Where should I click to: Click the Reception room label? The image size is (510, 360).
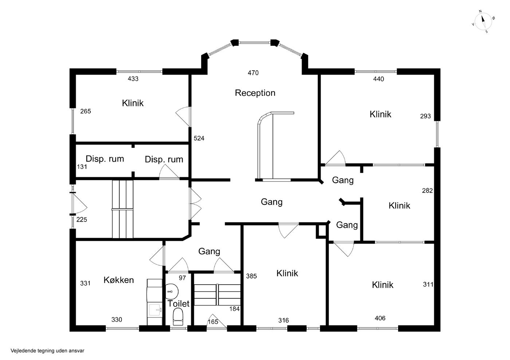pyautogui.click(x=255, y=93)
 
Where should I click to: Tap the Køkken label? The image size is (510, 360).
pyautogui.click(x=119, y=280)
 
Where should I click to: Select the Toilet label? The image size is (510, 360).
pyautogui.click(x=178, y=304)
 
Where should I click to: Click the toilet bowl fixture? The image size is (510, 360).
pyautogui.click(x=178, y=317)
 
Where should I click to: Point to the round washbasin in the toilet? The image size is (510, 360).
pyautogui.click(x=172, y=291)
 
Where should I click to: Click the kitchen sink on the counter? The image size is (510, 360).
pyautogui.click(x=155, y=310)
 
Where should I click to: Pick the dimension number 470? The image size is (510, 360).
pyautogui.click(x=253, y=73)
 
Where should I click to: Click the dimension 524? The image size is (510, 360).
pyautogui.click(x=199, y=138)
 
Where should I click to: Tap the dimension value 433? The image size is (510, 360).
pyautogui.click(x=133, y=79)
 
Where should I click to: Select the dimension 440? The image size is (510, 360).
pyautogui.click(x=378, y=79)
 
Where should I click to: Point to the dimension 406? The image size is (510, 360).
pyautogui.click(x=380, y=318)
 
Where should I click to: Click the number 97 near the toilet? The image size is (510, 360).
pyautogui.click(x=183, y=278)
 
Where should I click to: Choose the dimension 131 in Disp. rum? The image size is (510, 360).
pyautogui.click(x=82, y=167)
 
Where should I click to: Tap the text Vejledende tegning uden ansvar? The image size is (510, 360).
pyautogui.click(x=47, y=351)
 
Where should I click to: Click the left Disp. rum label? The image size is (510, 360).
pyautogui.click(x=105, y=159)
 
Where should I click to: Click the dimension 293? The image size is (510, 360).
pyautogui.click(x=425, y=116)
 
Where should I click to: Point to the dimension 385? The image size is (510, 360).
pyautogui.click(x=251, y=276)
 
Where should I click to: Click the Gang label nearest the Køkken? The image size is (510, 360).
pyautogui.click(x=209, y=251)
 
